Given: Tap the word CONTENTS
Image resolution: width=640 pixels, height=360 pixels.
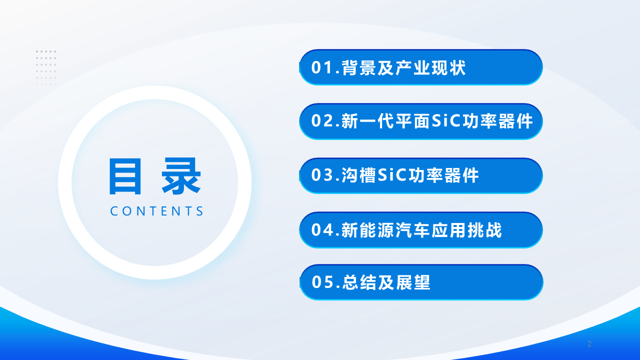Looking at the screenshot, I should (x=156, y=211).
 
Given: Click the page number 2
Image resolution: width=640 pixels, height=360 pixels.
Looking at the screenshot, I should (x=589, y=344).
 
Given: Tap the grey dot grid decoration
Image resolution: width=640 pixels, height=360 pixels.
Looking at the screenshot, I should (x=46, y=67).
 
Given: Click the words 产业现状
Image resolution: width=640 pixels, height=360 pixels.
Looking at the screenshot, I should (x=431, y=68).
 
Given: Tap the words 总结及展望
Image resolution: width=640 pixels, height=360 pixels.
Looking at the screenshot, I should (x=386, y=283).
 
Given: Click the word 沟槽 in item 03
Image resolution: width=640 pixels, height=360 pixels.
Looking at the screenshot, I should (x=358, y=175).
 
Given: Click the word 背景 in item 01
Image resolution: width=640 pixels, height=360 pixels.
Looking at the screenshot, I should (x=358, y=68).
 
